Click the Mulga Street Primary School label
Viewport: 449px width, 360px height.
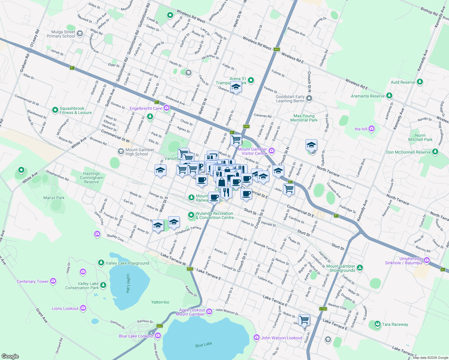pyautogui.click(x=61, y=34)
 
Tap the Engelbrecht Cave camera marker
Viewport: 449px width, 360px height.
pyautogui.click(x=167, y=108)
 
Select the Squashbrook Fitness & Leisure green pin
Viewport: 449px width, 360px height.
pyautogui.click(x=55, y=110)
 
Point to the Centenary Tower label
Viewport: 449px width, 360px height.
pyautogui.click(x=32, y=281)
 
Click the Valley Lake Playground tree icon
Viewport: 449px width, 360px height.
pyautogui.click(x=101, y=263)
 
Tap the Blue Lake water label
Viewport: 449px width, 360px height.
pyautogui.click(x=203, y=344)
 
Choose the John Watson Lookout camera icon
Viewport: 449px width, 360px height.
pyautogui.click(x=256, y=337)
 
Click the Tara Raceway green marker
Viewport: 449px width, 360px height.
pyautogui.click(x=377, y=324)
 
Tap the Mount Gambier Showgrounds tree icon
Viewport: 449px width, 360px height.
pyautogui.click(x=360, y=268)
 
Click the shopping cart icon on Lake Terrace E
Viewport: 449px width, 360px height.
pyautogui.click(x=304, y=319)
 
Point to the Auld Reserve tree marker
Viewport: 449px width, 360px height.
pyautogui.click(x=420, y=82)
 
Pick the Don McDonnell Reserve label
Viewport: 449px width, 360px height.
pyautogui.click(x=408, y=152)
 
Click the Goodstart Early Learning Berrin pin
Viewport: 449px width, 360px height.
pyautogui.click(x=309, y=98)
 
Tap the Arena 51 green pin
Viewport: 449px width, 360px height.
pyautogui.click(x=251, y=80)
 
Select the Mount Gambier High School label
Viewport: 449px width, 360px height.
pyautogui.click(x=140, y=152)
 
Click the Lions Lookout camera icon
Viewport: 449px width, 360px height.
pyautogui.click(x=83, y=308)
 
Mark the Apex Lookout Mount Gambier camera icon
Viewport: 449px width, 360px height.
pyautogui.click(x=209, y=311)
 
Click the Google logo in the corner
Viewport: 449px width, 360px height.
pyautogui.click(x=10, y=356)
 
